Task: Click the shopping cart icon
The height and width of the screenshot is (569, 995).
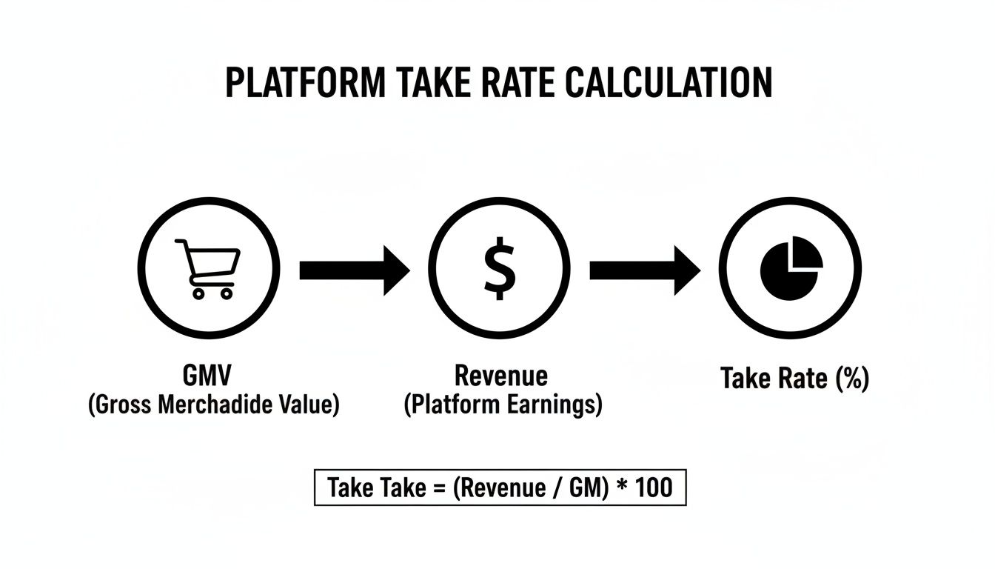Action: tap(207, 268)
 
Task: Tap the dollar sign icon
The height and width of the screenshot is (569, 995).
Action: tap(500, 267)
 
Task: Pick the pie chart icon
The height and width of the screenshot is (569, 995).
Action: tap(791, 267)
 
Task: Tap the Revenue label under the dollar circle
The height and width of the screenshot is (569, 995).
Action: tap(501, 376)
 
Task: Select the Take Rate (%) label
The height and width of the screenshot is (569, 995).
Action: tap(794, 379)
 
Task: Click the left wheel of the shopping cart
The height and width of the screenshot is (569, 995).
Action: tap(198, 293)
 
